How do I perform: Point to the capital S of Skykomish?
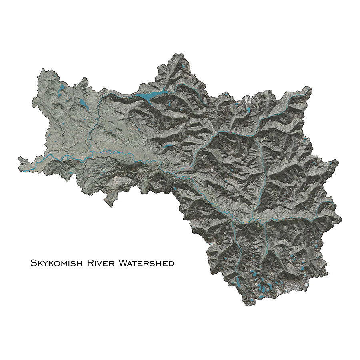click(33, 263)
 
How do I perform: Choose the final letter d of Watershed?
click(171, 263)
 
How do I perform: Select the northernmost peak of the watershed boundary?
click(176, 53)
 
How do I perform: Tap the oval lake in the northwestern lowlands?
click(83, 105)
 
